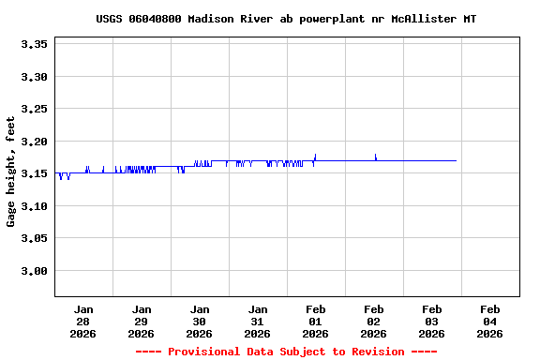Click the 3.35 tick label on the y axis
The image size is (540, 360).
(34, 44)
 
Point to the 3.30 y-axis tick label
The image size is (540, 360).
(34, 77)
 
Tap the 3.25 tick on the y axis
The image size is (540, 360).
(34, 109)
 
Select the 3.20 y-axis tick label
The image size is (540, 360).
(34, 142)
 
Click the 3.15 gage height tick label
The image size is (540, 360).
(34, 173)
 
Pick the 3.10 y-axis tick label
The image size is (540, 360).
(34, 206)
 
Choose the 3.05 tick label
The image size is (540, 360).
(34, 239)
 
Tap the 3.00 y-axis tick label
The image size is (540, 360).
(34, 271)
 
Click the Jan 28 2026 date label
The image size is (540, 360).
(83, 321)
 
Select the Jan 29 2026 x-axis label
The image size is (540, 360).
(142, 321)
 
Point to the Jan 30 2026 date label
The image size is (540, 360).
(200, 321)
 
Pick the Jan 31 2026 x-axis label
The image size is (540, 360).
(258, 321)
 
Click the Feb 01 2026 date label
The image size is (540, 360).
(316, 321)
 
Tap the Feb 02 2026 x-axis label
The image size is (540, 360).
(374, 321)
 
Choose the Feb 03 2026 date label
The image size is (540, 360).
(432, 321)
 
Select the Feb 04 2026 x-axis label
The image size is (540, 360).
(490, 321)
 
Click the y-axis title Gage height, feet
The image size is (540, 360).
(11, 172)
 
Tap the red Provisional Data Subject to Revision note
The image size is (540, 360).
(286, 352)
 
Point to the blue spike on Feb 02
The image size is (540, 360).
(375, 156)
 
